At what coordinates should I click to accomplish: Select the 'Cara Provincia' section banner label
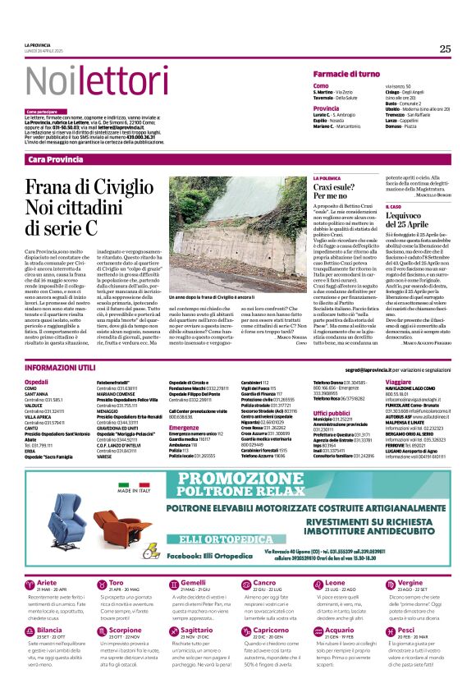tap(56, 158)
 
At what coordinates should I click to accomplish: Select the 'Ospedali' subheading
tap(37, 383)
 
